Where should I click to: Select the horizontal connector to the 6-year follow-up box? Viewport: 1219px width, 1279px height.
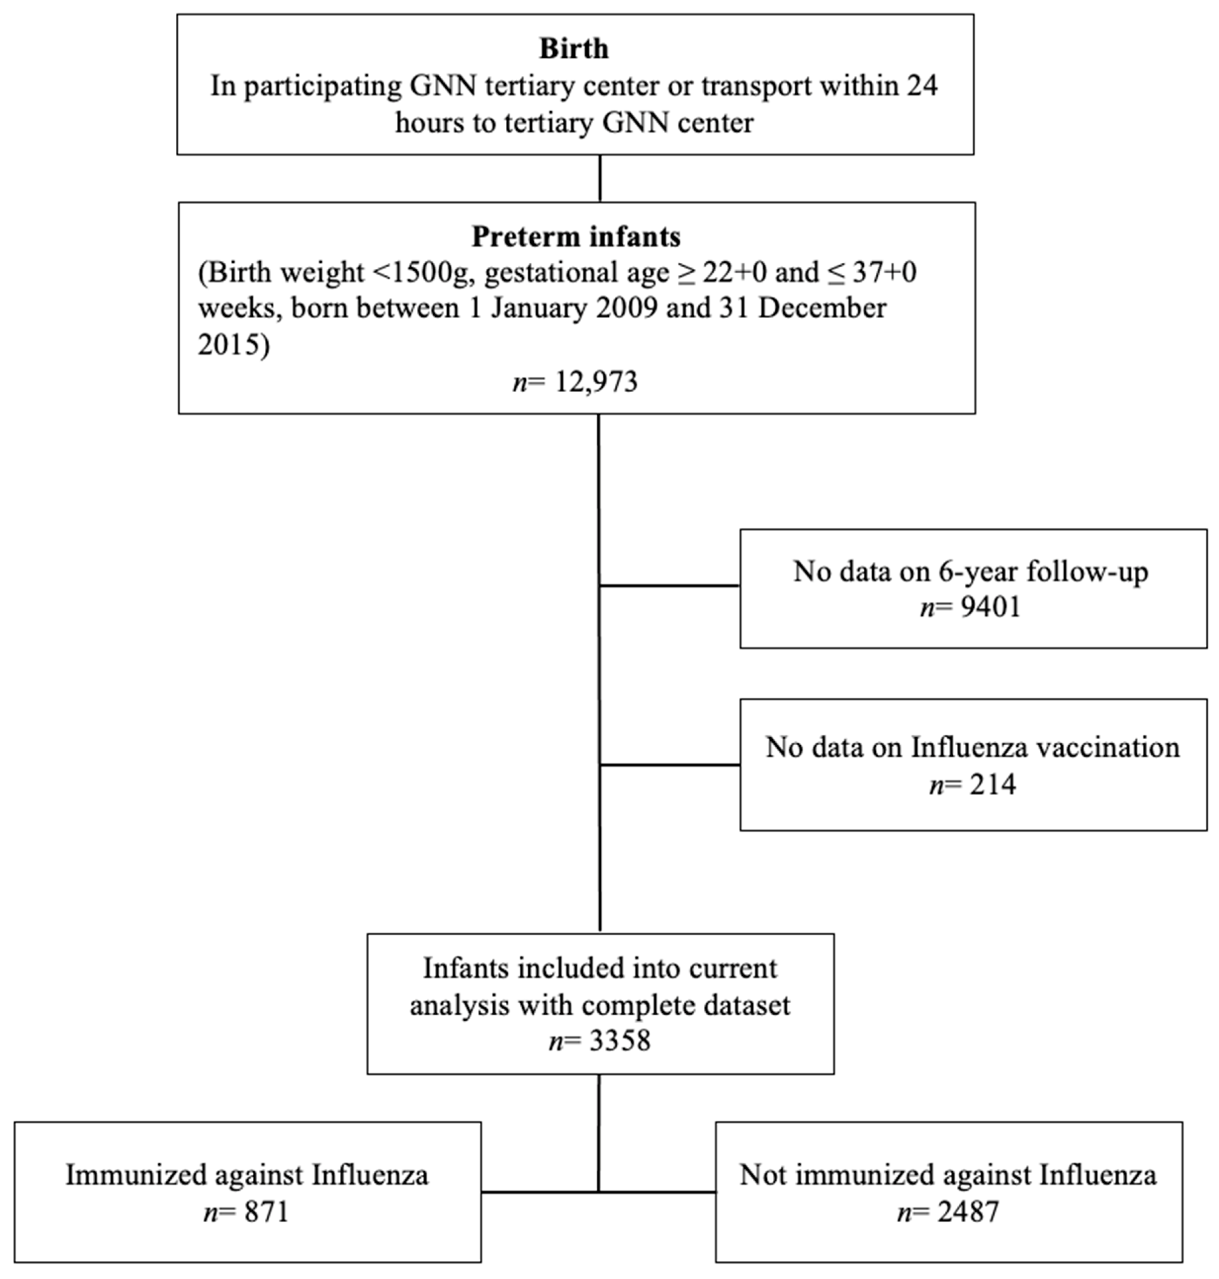click(x=669, y=586)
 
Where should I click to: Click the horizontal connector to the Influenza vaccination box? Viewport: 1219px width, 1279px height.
click(x=669, y=765)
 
